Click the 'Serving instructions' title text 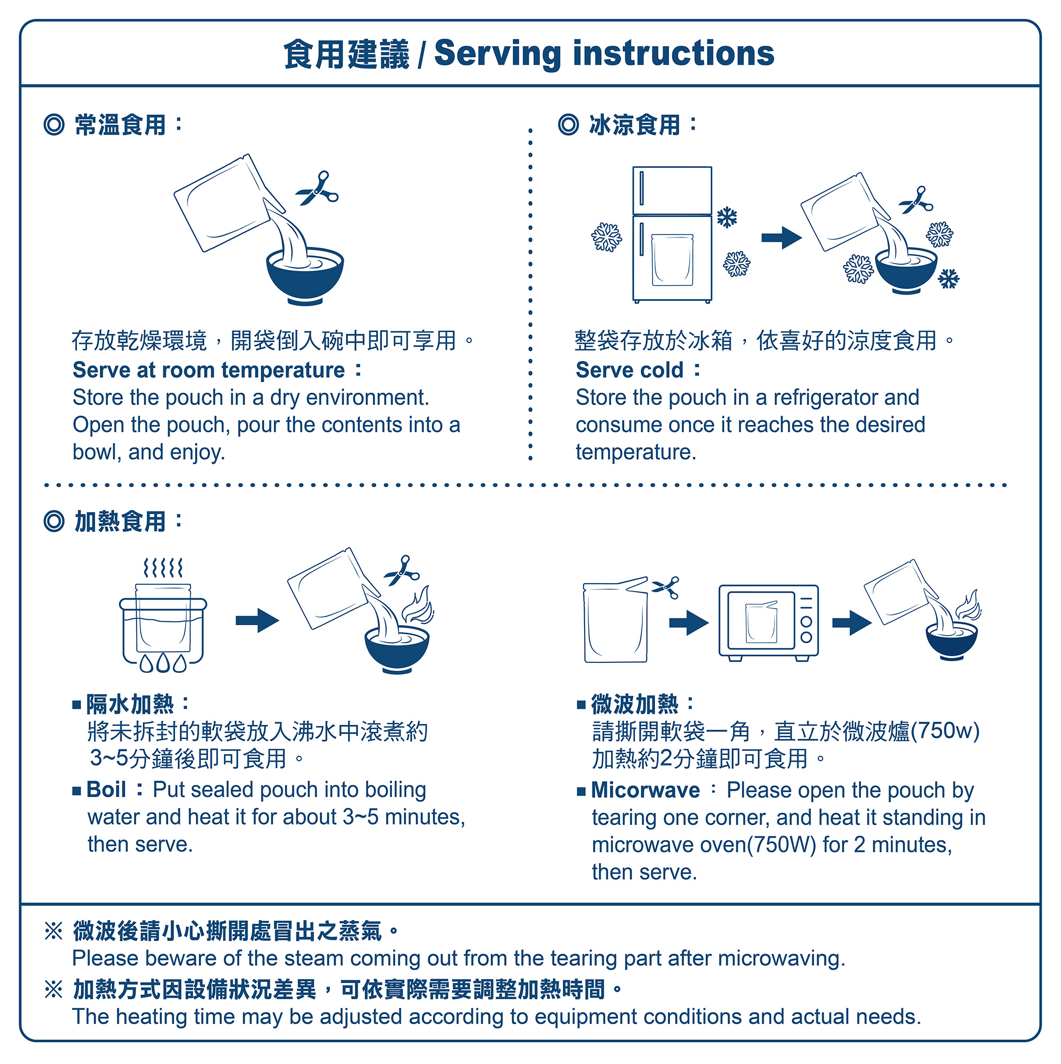tap(604, 54)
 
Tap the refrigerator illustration tap(672, 234)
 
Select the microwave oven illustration tap(768, 622)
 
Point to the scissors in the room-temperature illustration tap(317, 188)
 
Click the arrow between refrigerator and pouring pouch tap(781, 238)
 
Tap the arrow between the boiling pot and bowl tap(257, 621)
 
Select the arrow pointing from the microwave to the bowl tap(851, 623)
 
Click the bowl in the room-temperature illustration tap(305, 275)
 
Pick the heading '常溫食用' tap(120, 125)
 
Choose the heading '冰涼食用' tap(634, 125)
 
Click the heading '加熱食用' tap(120, 522)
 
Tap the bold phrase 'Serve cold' tap(629, 370)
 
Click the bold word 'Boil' tap(106, 790)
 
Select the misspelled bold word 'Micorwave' tap(645, 790)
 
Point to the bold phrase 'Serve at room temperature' tap(208, 370)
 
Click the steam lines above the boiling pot tap(162, 568)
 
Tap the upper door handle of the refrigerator tap(641, 188)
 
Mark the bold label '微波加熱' tap(634, 704)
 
